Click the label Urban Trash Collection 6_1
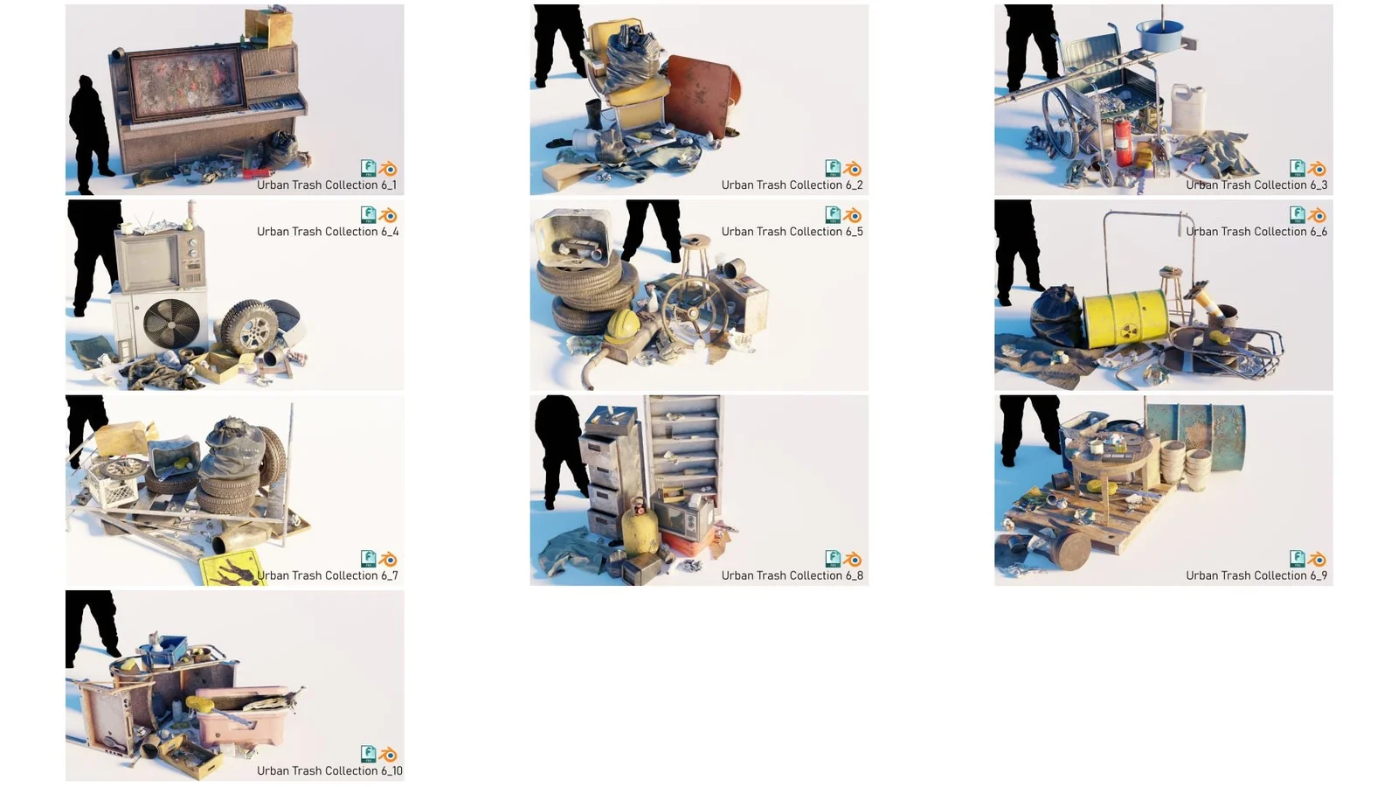click(326, 185)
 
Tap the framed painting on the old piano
click(184, 82)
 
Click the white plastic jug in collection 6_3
click(1187, 109)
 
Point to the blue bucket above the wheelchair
click(1159, 36)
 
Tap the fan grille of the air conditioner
click(170, 324)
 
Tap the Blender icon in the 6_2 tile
click(854, 169)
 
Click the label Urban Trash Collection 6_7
click(328, 575)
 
